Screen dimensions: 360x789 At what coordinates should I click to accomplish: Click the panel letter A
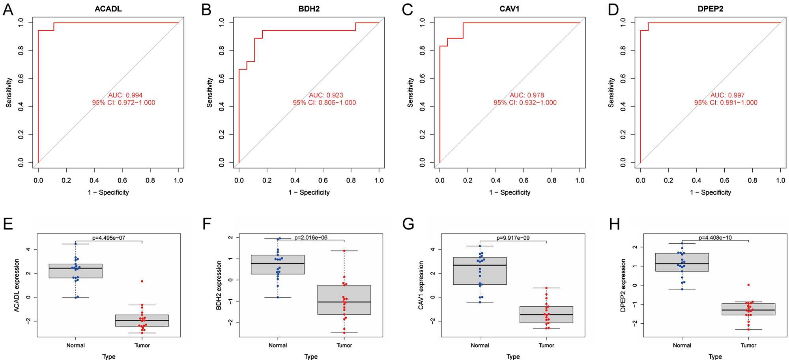tap(8, 10)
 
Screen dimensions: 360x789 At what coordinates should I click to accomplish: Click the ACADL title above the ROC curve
tap(108, 9)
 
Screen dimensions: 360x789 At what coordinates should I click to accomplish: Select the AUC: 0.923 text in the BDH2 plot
tap(326, 95)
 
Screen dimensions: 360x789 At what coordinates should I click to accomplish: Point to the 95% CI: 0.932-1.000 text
tap(525, 103)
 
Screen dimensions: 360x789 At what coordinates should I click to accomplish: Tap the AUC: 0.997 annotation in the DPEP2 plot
tap(727, 95)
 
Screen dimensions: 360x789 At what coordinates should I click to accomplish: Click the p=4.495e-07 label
tap(108, 238)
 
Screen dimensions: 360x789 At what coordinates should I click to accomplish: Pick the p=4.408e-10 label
tap(715, 238)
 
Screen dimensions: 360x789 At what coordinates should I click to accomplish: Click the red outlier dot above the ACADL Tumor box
tap(142, 281)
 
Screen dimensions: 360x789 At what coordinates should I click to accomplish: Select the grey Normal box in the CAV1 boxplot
tap(480, 271)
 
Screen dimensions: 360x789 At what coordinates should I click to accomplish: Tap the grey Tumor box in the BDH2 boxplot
tap(344, 300)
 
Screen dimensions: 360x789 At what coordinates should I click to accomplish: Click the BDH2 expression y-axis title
tap(219, 285)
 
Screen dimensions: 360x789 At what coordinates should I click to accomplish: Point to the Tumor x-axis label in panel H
tap(748, 345)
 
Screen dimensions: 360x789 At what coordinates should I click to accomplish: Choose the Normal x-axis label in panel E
tap(75, 345)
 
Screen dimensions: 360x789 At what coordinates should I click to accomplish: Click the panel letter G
tap(408, 224)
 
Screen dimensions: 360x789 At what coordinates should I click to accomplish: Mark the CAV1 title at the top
tap(509, 9)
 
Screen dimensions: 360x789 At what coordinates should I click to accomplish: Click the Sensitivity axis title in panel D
tap(611, 92)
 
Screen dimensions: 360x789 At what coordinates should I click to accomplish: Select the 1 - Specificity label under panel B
tap(309, 192)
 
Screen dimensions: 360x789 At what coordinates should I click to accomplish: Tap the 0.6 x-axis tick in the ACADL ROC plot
tap(122, 180)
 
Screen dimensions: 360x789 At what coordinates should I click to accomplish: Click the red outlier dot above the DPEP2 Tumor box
tap(748, 285)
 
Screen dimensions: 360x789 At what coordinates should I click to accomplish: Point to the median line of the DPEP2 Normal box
tap(682, 263)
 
